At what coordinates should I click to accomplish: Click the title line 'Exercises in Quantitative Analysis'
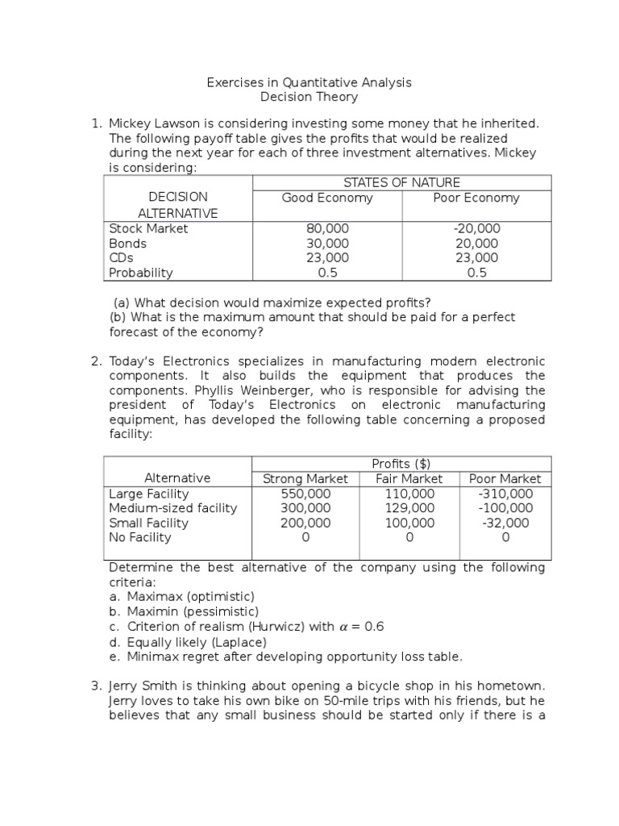click(309, 82)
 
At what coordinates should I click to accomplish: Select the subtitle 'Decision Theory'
click(309, 98)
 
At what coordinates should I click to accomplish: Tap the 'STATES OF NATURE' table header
click(402, 182)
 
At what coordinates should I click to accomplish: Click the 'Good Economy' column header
click(327, 198)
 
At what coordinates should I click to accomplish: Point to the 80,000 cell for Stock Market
click(327, 228)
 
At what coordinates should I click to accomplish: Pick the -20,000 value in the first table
click(476, 228)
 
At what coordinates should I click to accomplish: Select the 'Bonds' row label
click(128, 244)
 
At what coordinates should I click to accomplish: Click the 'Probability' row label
click(141, 273)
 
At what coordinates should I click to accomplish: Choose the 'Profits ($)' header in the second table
click(401, 463)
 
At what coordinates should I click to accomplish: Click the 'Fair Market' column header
click(409, 478)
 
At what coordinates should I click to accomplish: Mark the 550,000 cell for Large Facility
click(305, 494)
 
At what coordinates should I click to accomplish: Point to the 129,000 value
click(409, 508)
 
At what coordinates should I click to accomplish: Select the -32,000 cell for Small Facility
click(505, 523)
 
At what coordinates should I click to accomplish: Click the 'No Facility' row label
click(139, 537)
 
